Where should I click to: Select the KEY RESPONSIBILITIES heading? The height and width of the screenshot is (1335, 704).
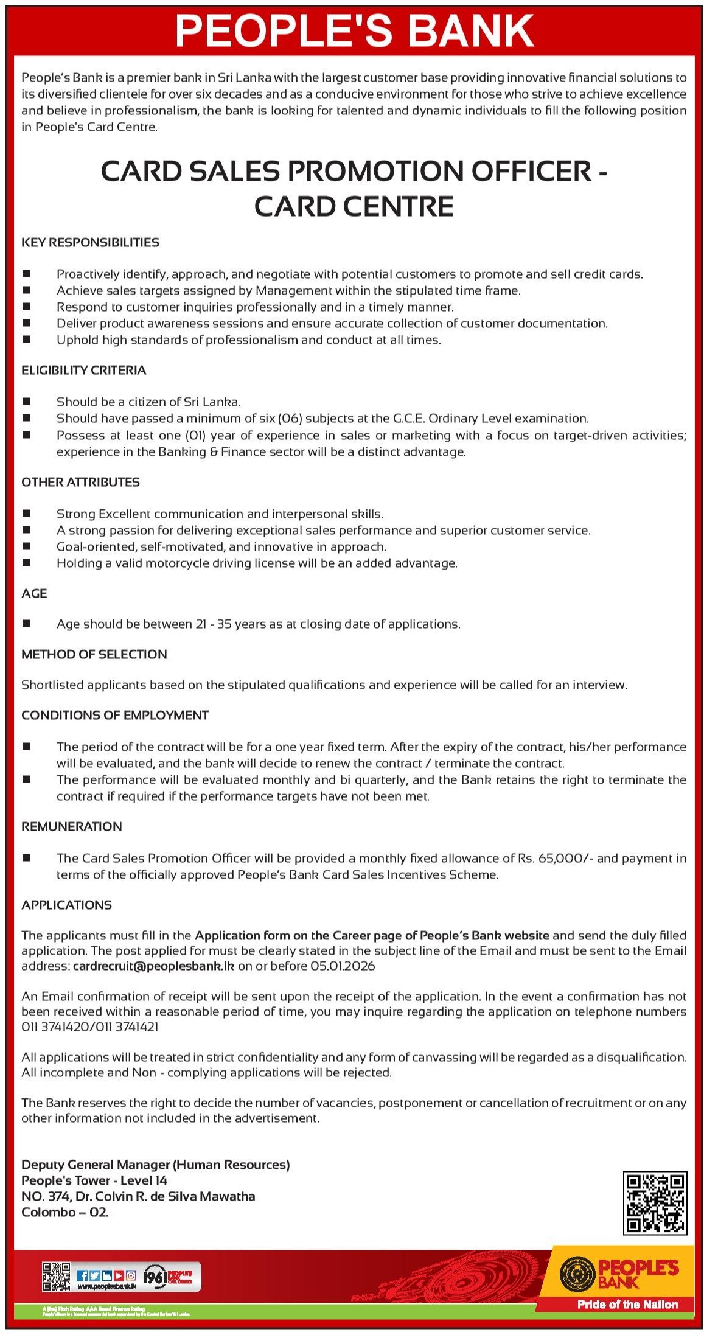[x=90, y=242]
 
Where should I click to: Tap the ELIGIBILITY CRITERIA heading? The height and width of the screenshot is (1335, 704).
[x=83, y=370]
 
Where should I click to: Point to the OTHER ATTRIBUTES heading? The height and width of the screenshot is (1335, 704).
[x=80, y=482]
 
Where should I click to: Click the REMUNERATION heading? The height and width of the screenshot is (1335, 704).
[x=71, y=826]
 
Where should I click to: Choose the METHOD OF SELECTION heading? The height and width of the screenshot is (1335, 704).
[x=94, y=654]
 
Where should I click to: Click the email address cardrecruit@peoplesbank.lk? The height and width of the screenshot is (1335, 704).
[x=153, y=966]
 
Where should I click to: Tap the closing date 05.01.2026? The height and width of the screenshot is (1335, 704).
[x=342, y=966]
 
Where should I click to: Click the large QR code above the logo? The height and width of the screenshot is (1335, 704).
[x=655, y=1203]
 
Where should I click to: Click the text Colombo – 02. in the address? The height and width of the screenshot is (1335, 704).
[x=64, y=1211]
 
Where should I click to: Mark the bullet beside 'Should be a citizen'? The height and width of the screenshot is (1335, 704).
[x=26, y=402]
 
